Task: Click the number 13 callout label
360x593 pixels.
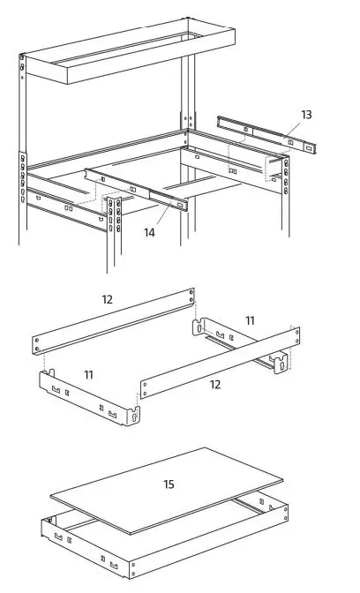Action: coord(305,115)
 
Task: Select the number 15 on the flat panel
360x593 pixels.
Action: coord(169,484)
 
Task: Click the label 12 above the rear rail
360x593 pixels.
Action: coord(107,299)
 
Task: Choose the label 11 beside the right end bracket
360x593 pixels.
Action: coord(250,321)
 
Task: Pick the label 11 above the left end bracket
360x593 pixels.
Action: coord(88,375)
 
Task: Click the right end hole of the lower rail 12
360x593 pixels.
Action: coord(288,331)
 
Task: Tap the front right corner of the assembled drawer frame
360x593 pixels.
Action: coord(132,567)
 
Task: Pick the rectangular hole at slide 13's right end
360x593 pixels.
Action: coord(309,146)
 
